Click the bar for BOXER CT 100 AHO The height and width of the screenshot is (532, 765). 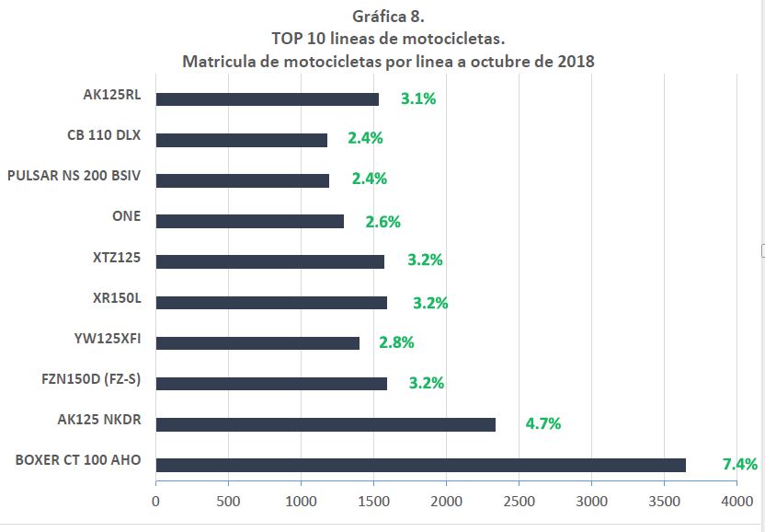pos(420,465)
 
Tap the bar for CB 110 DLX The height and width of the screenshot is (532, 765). pos(242,140)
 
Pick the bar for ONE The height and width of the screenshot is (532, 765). pos(249,221)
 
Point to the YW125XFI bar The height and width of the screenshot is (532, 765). pos(257,343)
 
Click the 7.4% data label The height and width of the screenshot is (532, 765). pos(739,464)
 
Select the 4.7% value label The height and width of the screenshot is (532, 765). pos(542,423)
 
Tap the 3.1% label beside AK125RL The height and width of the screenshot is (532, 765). pos(417,98)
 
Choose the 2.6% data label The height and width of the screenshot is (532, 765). pos(382,221)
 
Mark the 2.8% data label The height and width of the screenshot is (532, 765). pos(396,342)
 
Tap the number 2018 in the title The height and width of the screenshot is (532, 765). pos(575,62)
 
